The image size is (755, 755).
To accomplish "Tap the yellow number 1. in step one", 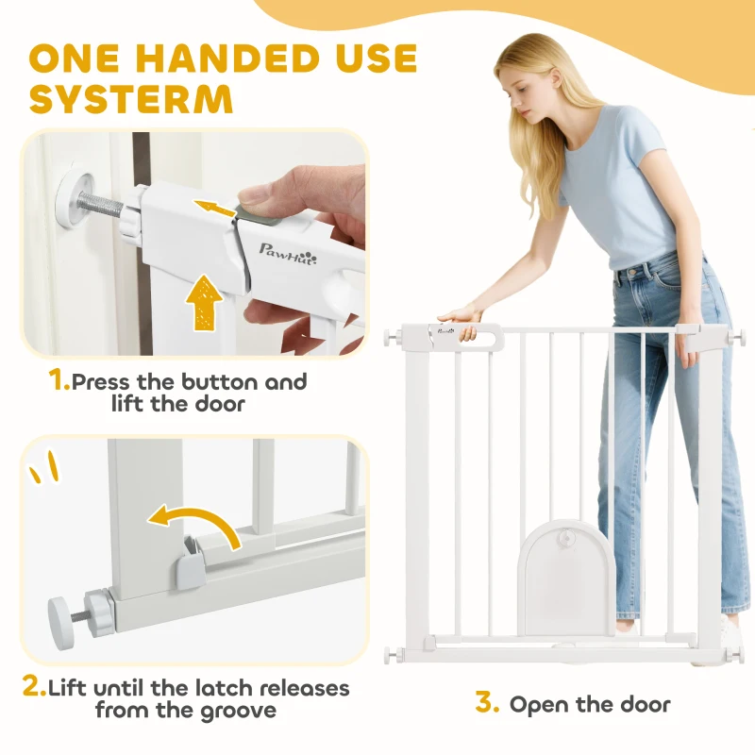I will (59, 381).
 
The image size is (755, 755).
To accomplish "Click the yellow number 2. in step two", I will (34, 687).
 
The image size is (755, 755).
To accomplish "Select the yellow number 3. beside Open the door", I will (485, 703).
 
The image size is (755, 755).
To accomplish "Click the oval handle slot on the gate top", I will (485, 334).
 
